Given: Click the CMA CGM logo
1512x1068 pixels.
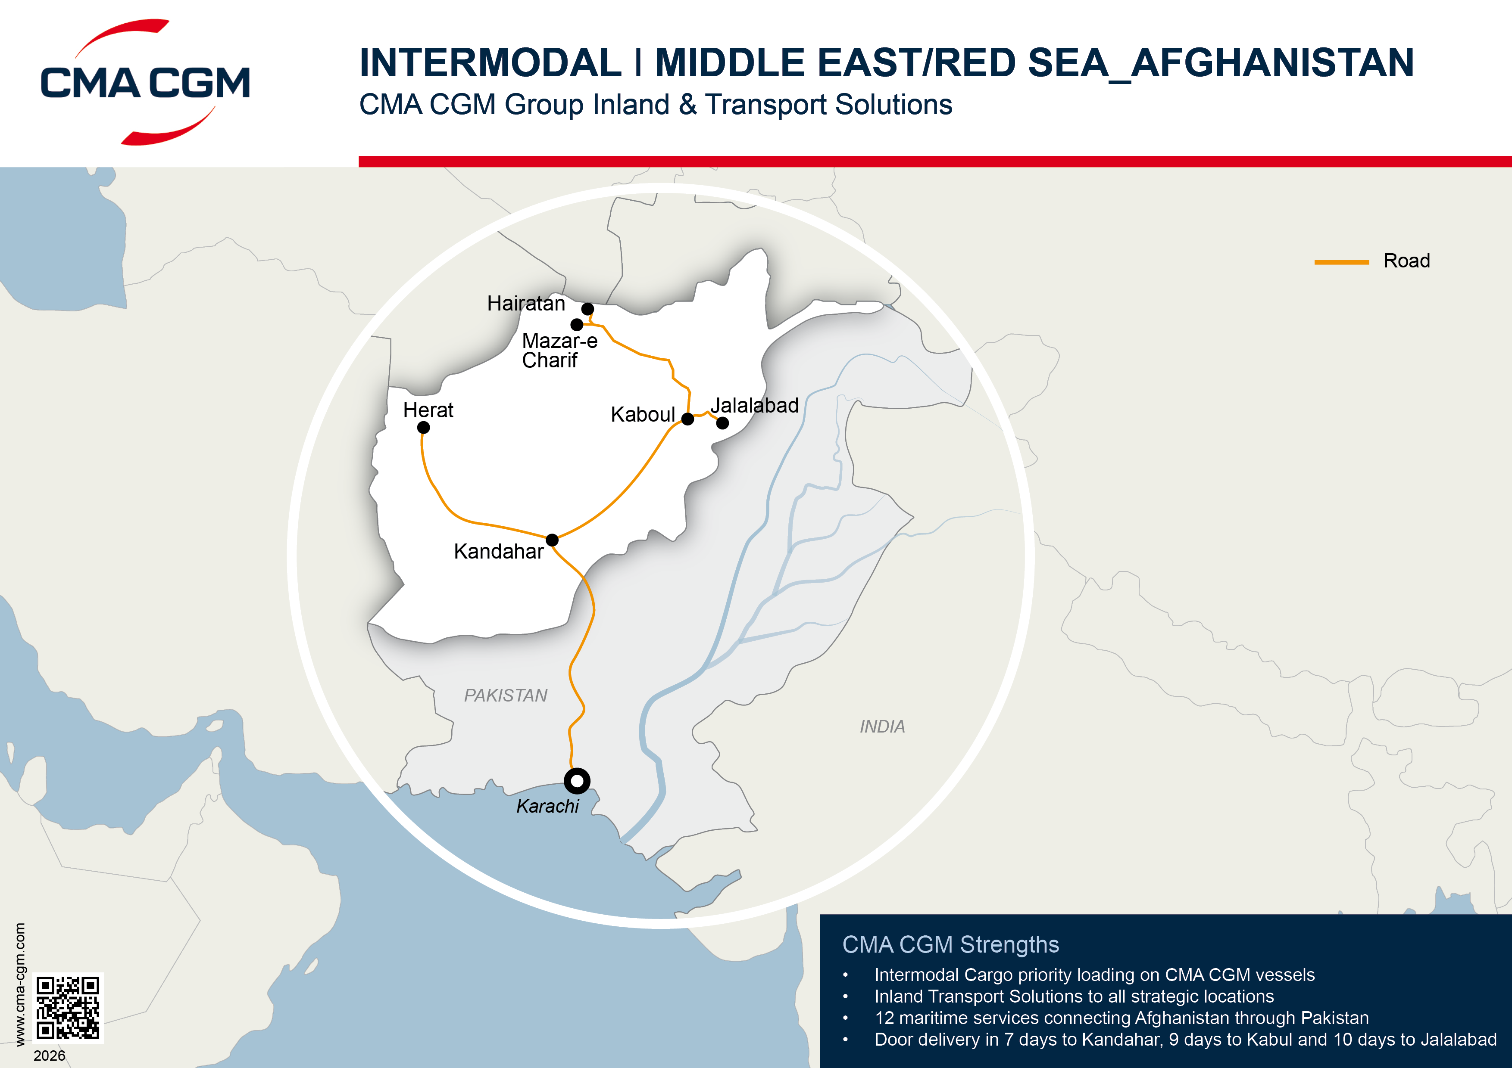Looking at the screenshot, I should (x=145, y=82).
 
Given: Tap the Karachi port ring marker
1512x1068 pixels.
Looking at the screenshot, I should (x=577, y=781).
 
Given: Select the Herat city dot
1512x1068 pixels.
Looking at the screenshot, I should (x=423, y=428).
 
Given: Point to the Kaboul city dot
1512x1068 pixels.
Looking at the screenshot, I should (x=687, y=419).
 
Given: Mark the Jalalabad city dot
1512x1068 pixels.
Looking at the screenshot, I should (x=722, y=423).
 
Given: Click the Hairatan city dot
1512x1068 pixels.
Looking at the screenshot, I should (x=587, y=309).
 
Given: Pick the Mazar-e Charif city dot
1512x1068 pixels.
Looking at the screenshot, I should (x=577, y=324).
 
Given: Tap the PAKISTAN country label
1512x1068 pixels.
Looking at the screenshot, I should (x=505, y=695).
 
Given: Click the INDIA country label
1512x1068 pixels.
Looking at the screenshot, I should (x=882, y=726).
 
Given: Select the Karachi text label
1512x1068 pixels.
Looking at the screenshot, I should (x=547, y=806).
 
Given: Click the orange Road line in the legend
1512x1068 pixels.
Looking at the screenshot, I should (x=1341, y=262).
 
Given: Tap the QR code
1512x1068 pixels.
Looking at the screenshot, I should (x=68, y=1007).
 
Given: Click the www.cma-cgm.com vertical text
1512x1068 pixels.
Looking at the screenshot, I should (x=20, y=984).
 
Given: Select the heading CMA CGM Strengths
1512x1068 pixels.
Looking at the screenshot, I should (x=950, y=944).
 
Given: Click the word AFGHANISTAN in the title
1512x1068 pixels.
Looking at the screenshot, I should (x=1272, y=63).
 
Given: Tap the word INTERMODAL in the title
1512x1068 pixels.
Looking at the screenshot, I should (x=490, y=63).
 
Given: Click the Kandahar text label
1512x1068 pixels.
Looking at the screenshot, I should (x=499, y=551).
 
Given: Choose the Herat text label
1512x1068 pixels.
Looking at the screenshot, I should (x=428, y=410).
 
